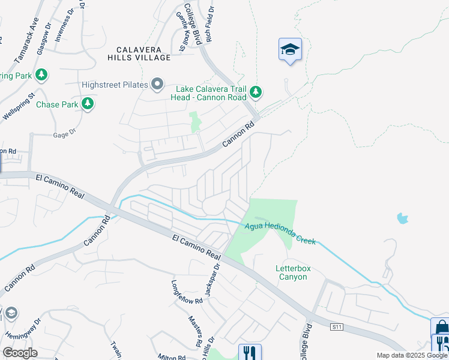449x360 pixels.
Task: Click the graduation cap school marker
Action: [290, 50]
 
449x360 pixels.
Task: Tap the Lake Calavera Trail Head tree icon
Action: [256, 92]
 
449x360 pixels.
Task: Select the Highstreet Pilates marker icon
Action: [158, 85]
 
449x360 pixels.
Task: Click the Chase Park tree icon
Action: [88, 104]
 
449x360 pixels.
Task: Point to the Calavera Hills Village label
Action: [140, 53]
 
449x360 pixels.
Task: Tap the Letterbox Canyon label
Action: [292, 272]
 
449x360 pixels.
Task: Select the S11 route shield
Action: [338, 327]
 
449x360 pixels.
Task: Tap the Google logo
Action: [20, 353]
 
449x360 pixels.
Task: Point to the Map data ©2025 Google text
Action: [412, 355]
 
